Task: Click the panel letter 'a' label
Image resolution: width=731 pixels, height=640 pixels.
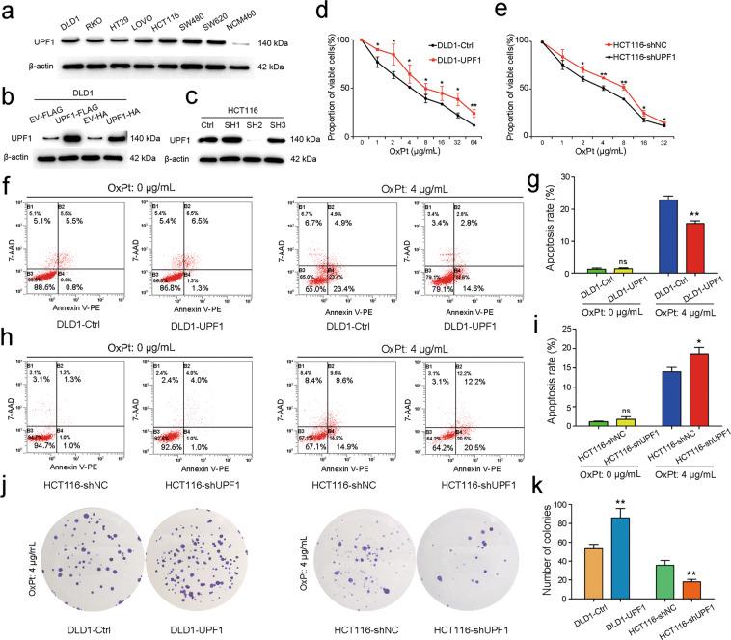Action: pos(8,9)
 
